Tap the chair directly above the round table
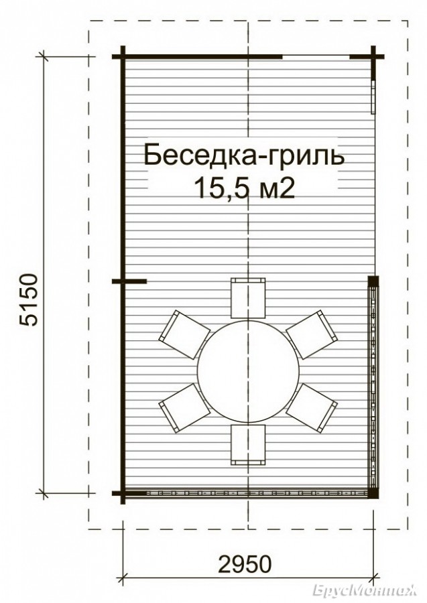pos(248,298)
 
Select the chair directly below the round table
pos(248,445)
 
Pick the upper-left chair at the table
pos(184,334)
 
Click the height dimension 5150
pos(29,299)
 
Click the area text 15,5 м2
pos(245,188)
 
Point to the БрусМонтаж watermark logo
pos(365,590)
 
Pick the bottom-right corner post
pos(373,493)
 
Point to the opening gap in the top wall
pos(316,57)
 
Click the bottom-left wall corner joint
pos(123,493)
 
